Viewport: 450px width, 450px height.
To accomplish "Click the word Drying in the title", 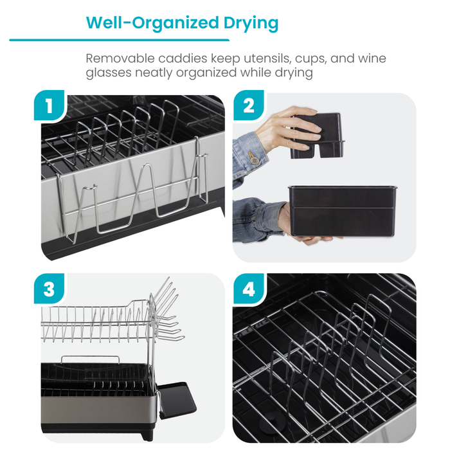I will click(247, 23).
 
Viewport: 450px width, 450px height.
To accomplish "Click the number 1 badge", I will click(48, 107).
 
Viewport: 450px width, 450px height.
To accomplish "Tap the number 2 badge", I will click(248, 107).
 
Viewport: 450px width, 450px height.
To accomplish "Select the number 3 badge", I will click(48, 289).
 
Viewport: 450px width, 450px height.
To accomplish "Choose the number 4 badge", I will click(248, 289).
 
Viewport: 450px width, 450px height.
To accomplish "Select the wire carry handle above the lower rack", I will click(90, 359).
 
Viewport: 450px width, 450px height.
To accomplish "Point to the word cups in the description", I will click(312, 59).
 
